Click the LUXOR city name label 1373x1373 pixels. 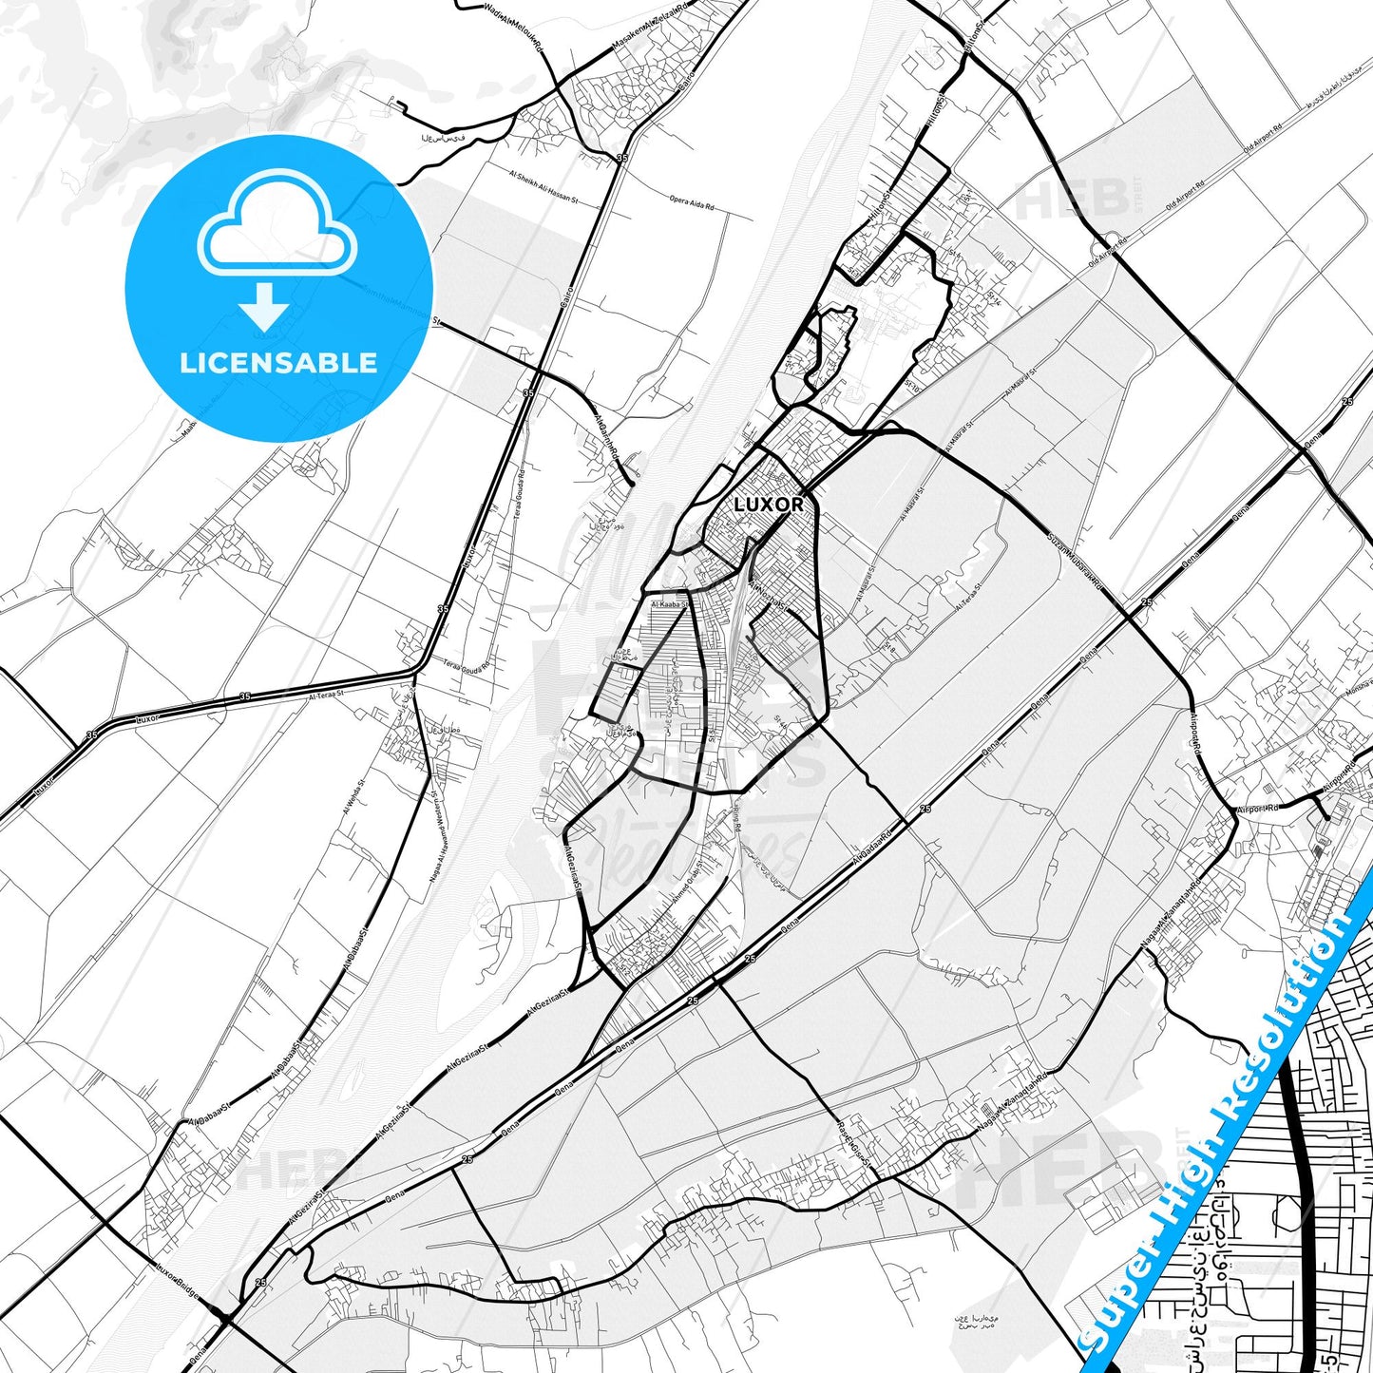click(x=768, y=505)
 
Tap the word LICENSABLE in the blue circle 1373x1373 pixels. click(x=278, y=363)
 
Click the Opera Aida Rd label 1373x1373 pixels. click(x=691, y=202)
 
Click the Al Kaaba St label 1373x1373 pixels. click(x=669, y=602)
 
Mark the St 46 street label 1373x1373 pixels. click(x=782, y=724)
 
